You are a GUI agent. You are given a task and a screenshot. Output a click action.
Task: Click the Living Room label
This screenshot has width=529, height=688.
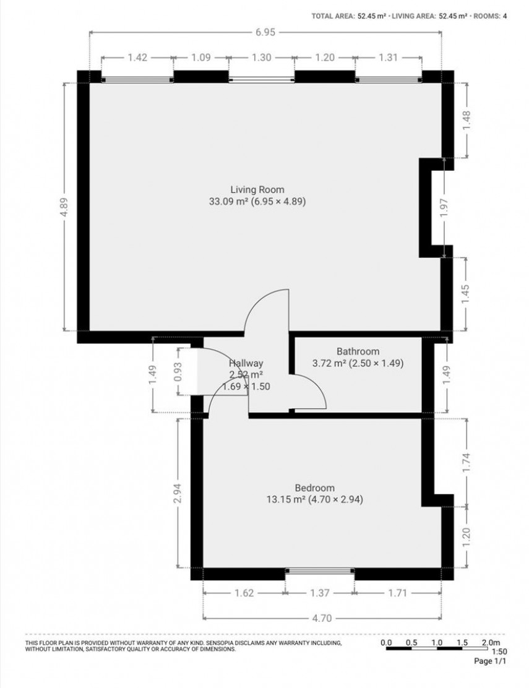point(257,189)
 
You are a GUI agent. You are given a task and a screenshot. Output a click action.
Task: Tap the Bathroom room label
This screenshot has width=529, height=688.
point(358,351)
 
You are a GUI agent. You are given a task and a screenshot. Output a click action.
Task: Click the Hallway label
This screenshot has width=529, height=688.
point(246,364)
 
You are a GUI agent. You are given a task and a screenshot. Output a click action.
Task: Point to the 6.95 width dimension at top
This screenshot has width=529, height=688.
point(265,32)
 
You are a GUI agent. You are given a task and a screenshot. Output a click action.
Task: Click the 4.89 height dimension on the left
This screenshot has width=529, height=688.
point(65,207)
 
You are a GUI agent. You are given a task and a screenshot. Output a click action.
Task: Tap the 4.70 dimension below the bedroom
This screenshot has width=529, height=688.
point(322,617)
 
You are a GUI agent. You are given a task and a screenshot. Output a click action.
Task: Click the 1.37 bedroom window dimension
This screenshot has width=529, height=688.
point(320,593)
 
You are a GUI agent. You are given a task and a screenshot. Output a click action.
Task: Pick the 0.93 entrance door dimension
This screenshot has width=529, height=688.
point(178,371)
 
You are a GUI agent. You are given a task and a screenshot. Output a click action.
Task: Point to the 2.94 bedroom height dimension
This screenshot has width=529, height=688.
point(178,493)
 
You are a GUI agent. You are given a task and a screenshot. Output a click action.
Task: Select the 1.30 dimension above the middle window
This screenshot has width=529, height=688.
point(261,58)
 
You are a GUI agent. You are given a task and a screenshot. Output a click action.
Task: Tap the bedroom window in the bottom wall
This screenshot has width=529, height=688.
point(320,570)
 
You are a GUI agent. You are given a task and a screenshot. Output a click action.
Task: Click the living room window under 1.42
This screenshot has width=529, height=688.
point(137,79)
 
